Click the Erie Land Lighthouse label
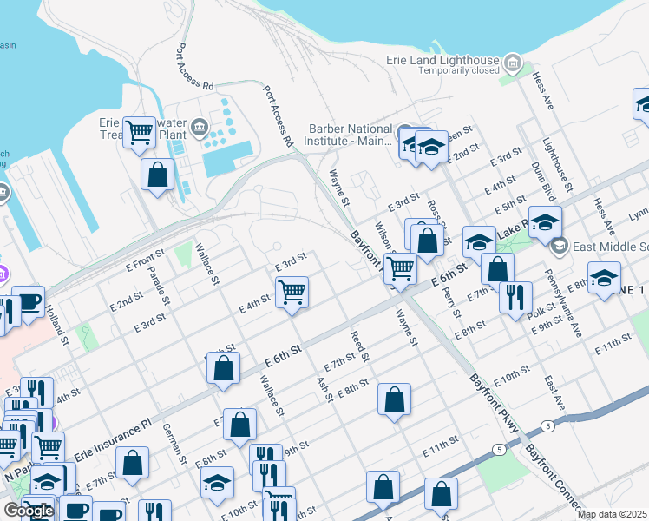click(443, 61)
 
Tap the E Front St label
click(144, 258)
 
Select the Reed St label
click(360, 346)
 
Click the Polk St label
click(541, 312)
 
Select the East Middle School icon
click(558, 247)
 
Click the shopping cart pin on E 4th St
click(292, 291)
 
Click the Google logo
click(28, 511)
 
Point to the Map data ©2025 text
click(612, 514)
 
